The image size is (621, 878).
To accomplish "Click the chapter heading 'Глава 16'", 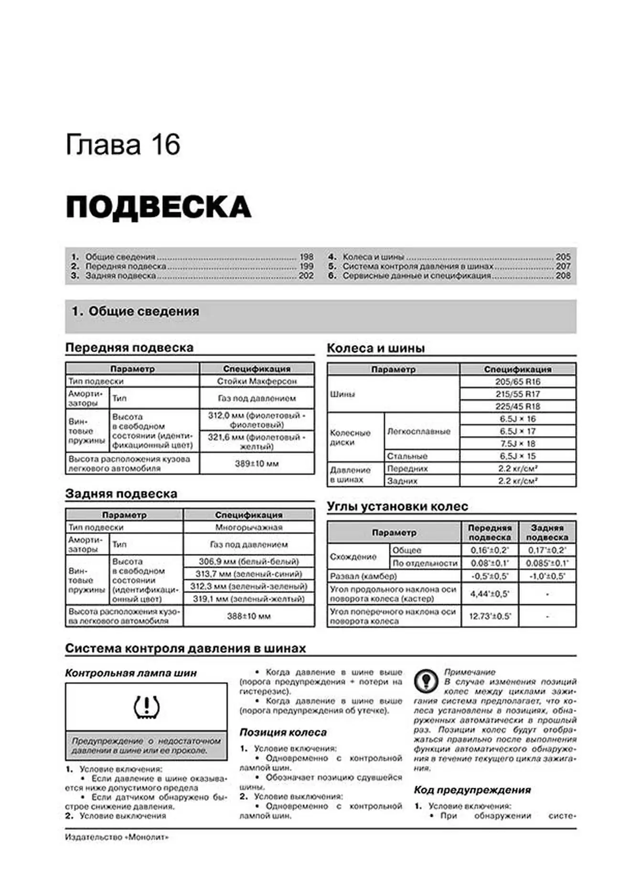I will [123, 145].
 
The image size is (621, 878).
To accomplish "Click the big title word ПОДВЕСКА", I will [158, 207].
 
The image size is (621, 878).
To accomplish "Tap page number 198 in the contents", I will [306, 257].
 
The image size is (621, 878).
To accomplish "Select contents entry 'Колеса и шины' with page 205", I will [373, 257].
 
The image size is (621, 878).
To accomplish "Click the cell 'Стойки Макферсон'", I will [257, 381].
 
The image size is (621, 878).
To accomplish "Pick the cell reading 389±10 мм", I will [257, 464].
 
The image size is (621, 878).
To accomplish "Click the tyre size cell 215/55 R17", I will [517, 394].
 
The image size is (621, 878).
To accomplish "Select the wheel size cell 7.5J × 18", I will [517, 444].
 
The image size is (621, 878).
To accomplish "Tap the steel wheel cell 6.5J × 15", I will [517, 456].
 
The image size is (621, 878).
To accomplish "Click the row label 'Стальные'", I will [407, 456].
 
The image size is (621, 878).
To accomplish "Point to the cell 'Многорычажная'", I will [248, 528].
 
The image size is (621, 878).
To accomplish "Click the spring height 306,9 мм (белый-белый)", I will [248, 561].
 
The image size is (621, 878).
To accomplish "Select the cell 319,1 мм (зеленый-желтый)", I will [248, 599].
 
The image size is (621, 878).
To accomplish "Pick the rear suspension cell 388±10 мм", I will [248, 616].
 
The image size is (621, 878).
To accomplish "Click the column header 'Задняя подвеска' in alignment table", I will [547, 532].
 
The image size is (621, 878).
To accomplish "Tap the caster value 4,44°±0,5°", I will [490, 594].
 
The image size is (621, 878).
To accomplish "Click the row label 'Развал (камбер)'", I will [363, 576].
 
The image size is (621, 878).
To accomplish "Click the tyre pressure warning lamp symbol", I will [146, 707].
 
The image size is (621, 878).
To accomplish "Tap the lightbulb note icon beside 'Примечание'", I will [426, 680].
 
